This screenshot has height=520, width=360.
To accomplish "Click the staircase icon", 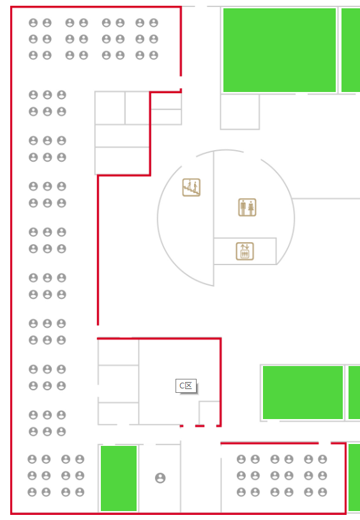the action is coord(191,187).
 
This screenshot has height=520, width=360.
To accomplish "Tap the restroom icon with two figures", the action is coord(247,207).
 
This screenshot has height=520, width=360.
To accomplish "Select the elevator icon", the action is coord(244,251).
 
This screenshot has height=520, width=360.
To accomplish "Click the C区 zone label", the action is coord(186,386).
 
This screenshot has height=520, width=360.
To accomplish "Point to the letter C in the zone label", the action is coord(182,386).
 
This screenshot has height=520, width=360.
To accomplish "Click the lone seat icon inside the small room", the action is coord(160,478).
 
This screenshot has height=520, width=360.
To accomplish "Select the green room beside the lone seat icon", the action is coord(119,478).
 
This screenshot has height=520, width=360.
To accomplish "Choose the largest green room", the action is coord(280,50).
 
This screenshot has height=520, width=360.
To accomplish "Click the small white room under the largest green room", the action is coord(240,112).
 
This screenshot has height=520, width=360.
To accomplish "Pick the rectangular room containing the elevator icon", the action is coord(245,251).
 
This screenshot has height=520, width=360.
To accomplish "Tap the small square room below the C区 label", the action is coord(209,413).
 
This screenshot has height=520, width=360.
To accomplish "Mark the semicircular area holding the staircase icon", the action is coord(186,218).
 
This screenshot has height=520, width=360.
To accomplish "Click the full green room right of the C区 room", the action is coord(303,392).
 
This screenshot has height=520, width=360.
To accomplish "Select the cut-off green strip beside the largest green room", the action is coord(350,50).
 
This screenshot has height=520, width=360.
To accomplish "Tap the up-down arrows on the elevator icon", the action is coord(244,247).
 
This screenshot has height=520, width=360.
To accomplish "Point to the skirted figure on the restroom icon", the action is coord(251,208).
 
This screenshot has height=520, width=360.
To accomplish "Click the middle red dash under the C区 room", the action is coord(200,426).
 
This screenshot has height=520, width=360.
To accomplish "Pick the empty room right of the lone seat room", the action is coord(200,478).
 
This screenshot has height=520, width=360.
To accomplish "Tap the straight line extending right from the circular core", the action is coord(326,199).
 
